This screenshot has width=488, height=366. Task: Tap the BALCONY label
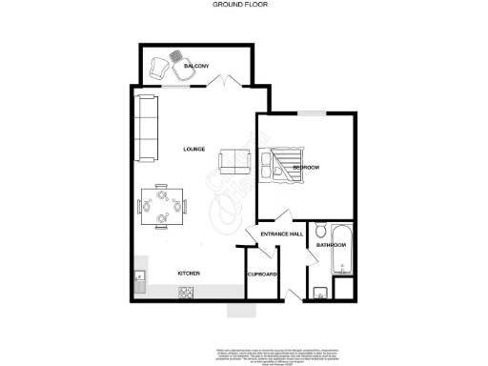coord(211,66)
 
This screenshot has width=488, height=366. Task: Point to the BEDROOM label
coord(305,168)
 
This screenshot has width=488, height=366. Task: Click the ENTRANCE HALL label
coord(282,234)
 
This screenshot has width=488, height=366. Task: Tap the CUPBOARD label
coord(262,274)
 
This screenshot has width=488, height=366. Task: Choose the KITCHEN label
coord(189,274)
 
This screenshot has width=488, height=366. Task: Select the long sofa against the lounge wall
coord(146,127)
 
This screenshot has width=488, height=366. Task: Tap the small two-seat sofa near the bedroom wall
coord(234,162)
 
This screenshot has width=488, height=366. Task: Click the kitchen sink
coord(139,279)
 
